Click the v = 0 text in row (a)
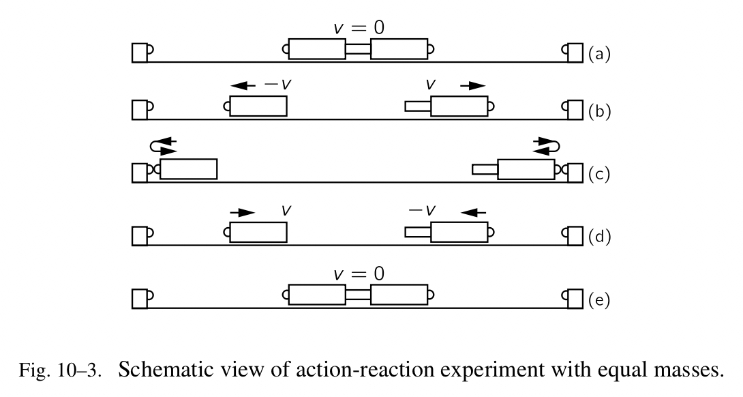[x=359, y=28]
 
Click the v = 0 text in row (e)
[x=359, y=274]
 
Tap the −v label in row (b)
[x=278, y=85]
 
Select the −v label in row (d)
[x=422, y=211]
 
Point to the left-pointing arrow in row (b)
[x=243, y=85]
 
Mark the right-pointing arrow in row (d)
[x=242, y=212]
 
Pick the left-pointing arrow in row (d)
[x=473, y=212]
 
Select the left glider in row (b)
[x=258, y=106]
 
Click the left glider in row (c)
[x=188, y=168]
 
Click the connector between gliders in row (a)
[x=358, y=48]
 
